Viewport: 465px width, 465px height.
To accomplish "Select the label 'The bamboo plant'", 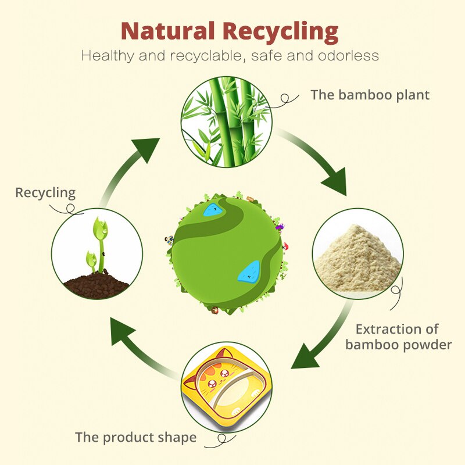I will tap(370, 95).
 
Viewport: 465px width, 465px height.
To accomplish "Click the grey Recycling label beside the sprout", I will tap(45, 192).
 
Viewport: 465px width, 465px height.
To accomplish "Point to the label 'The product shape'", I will tap(136, 437).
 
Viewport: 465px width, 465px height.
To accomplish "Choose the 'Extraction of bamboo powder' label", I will tap(398, 337).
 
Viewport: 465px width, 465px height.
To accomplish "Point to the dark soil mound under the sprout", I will tap(96, 285).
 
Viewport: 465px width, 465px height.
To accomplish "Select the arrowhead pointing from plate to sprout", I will tap(124, 332).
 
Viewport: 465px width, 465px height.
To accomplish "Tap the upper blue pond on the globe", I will tap(212, 208).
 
